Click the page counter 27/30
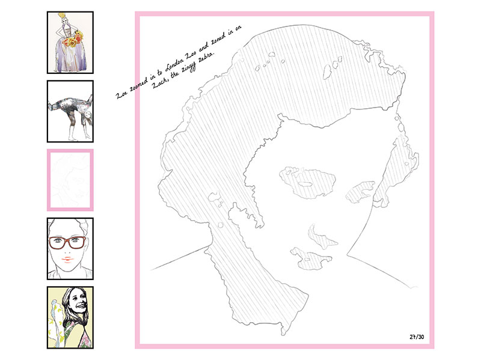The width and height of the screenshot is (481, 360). [417, 337]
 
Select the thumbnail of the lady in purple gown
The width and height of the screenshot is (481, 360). [70, 43]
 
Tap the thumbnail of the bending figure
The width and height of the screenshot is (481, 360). [70, 111]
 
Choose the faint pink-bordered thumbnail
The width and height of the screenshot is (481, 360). [70, 180]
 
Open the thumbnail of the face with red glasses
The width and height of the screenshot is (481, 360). [70, 249]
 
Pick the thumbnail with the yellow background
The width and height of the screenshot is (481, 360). [70, 317]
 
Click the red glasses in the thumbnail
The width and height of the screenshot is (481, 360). [67, 242]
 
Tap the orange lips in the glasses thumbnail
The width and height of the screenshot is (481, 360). [68, 260]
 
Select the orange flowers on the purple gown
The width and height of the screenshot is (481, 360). [73, 39]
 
